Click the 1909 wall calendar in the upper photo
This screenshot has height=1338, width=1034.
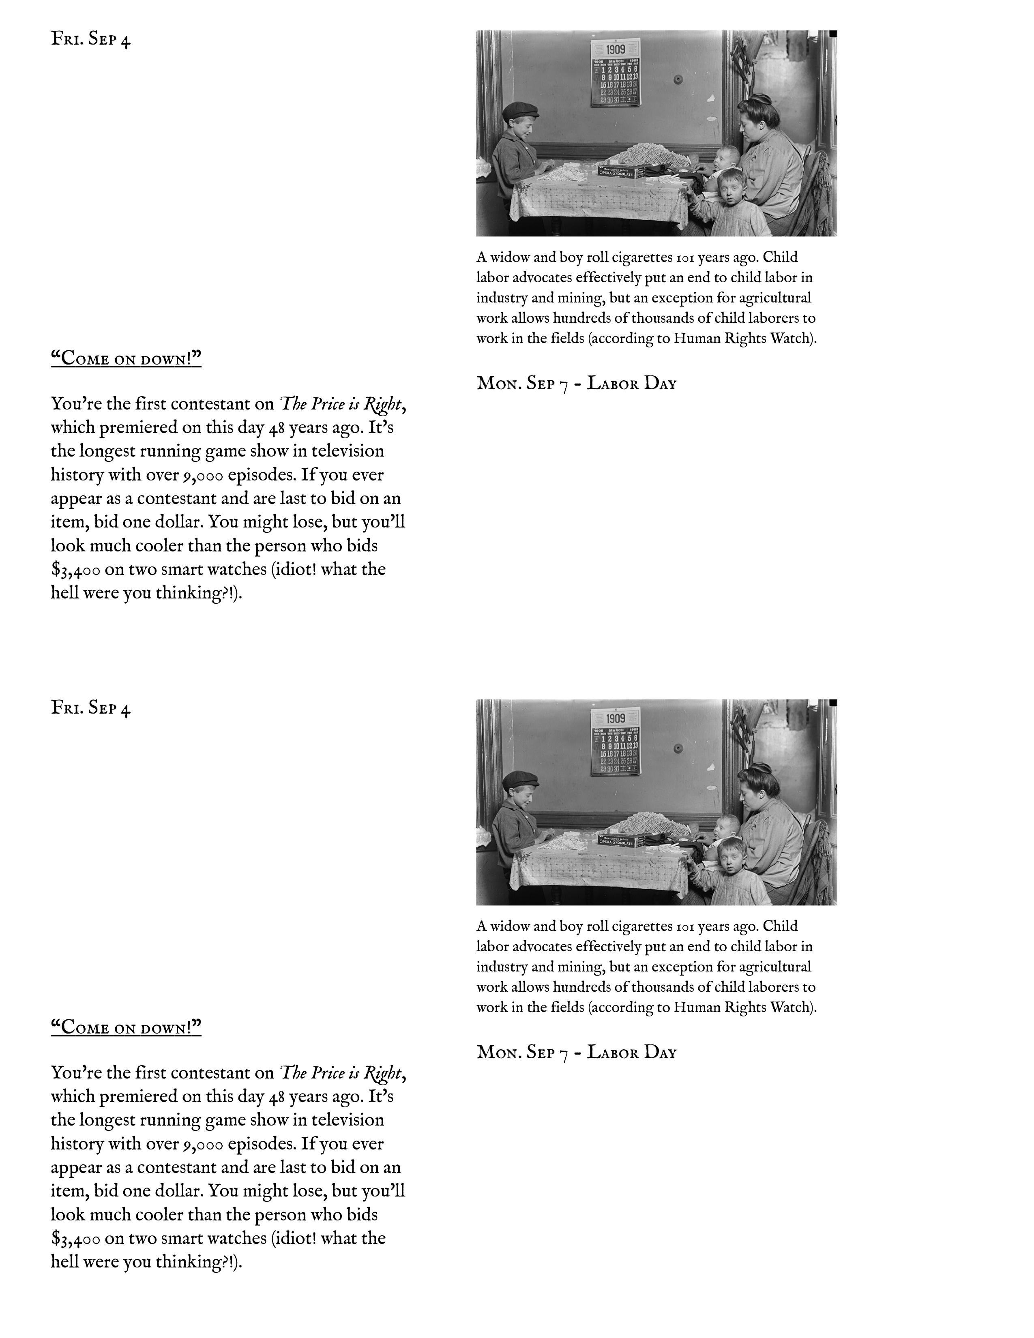tap(616, 72)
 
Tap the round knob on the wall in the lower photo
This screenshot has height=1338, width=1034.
tap(678, 748)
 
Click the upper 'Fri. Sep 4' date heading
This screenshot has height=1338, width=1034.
tap(91, 39)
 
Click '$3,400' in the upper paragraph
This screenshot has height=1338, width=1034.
tap(76, 570)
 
